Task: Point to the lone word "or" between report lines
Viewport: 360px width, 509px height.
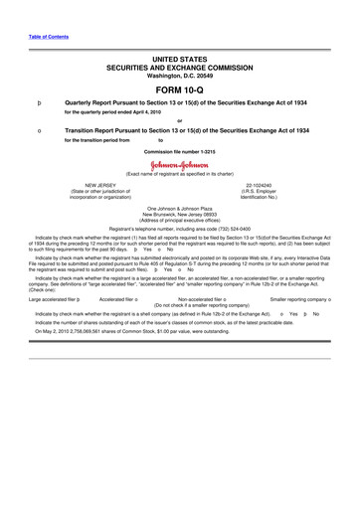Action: pyautogui.click(x=180, y=120)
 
